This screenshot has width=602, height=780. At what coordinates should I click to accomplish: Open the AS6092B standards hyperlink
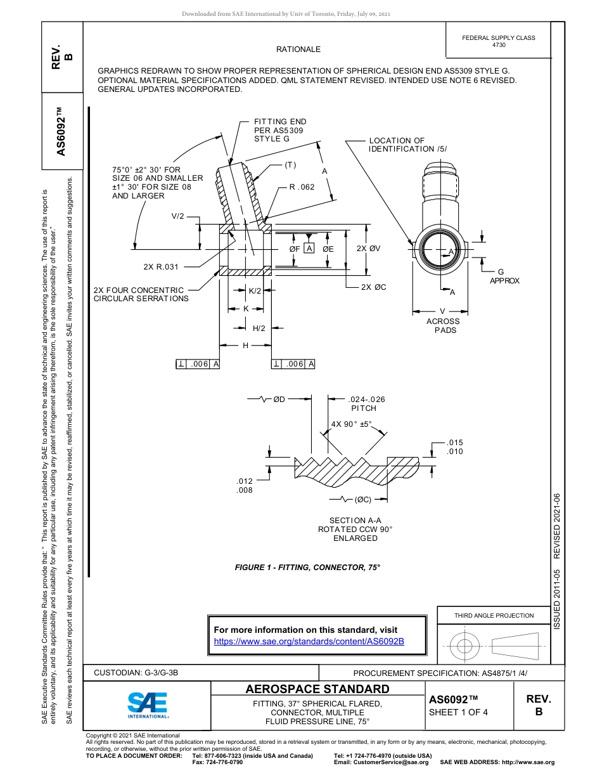coord(309,641)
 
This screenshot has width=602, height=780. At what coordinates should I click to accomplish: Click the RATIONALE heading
coord(298,49)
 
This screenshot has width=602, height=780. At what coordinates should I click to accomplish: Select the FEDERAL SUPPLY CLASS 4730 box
coord(498,41)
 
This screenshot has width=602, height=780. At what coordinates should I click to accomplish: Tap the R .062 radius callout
coord(302,187)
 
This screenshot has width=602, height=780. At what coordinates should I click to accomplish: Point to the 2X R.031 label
coord(161,267)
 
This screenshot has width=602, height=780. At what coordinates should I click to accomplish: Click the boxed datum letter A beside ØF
coord(309,249)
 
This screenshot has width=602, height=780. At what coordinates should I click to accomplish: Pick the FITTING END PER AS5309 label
coord(279,130)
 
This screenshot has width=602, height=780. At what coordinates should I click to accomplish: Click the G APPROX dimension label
coord(504,276)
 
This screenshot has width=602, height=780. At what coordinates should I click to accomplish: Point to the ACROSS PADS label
coord(443,326)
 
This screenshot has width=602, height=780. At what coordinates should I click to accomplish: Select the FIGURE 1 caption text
coord(307,567)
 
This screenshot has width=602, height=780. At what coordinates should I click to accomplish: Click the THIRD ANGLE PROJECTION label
coord(494,615)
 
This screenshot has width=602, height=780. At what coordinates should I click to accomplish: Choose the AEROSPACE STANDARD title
coord(317,689)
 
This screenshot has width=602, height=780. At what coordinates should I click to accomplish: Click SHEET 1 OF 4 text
coord(458,712)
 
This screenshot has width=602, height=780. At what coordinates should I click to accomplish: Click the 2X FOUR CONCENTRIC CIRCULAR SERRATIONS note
coord(141,294)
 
